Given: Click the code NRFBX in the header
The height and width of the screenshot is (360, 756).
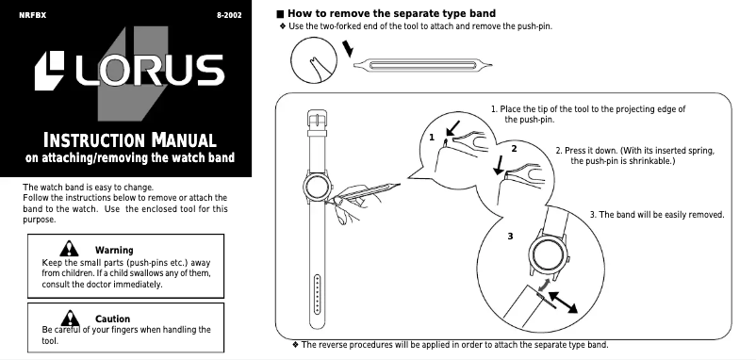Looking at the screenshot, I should [32, 16].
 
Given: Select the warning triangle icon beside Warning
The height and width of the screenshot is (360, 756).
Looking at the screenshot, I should [70, 248].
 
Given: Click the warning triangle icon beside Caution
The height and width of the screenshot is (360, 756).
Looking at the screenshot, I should [68, 318].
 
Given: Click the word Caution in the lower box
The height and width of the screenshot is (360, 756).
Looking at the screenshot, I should [112, 319].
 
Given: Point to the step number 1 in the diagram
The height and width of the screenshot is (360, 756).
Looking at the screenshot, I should [432, 138].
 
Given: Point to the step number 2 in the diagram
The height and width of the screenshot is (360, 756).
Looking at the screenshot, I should [514, 149].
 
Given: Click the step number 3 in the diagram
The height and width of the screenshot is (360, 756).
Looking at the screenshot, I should [510, 235].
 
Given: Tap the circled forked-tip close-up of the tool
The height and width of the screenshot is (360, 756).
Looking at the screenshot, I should [313, 62].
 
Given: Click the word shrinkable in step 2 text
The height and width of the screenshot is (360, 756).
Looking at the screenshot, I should [649, 161].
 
